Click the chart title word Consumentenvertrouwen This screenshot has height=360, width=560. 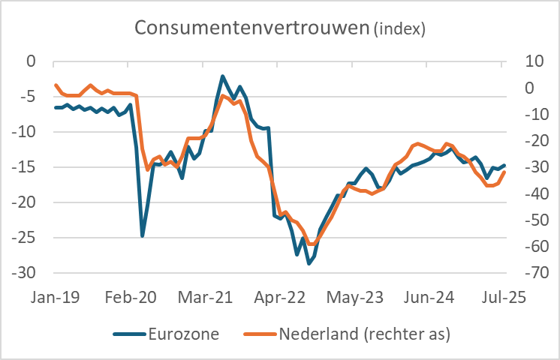click(251, 28)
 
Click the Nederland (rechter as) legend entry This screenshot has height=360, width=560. click(364, 334)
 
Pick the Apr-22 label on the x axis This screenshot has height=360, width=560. click(281, 296)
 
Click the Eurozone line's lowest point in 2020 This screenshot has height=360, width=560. click(142, 235)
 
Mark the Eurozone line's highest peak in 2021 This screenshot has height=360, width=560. click(223, 76)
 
